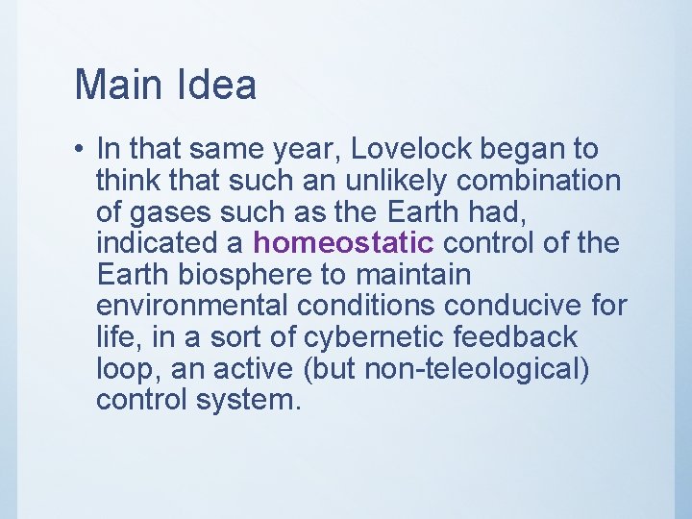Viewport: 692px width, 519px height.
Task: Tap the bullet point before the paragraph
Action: coord(80,150)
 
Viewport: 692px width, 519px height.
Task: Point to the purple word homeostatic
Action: coord(344,243)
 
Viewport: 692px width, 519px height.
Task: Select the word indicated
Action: coord(159,243)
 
